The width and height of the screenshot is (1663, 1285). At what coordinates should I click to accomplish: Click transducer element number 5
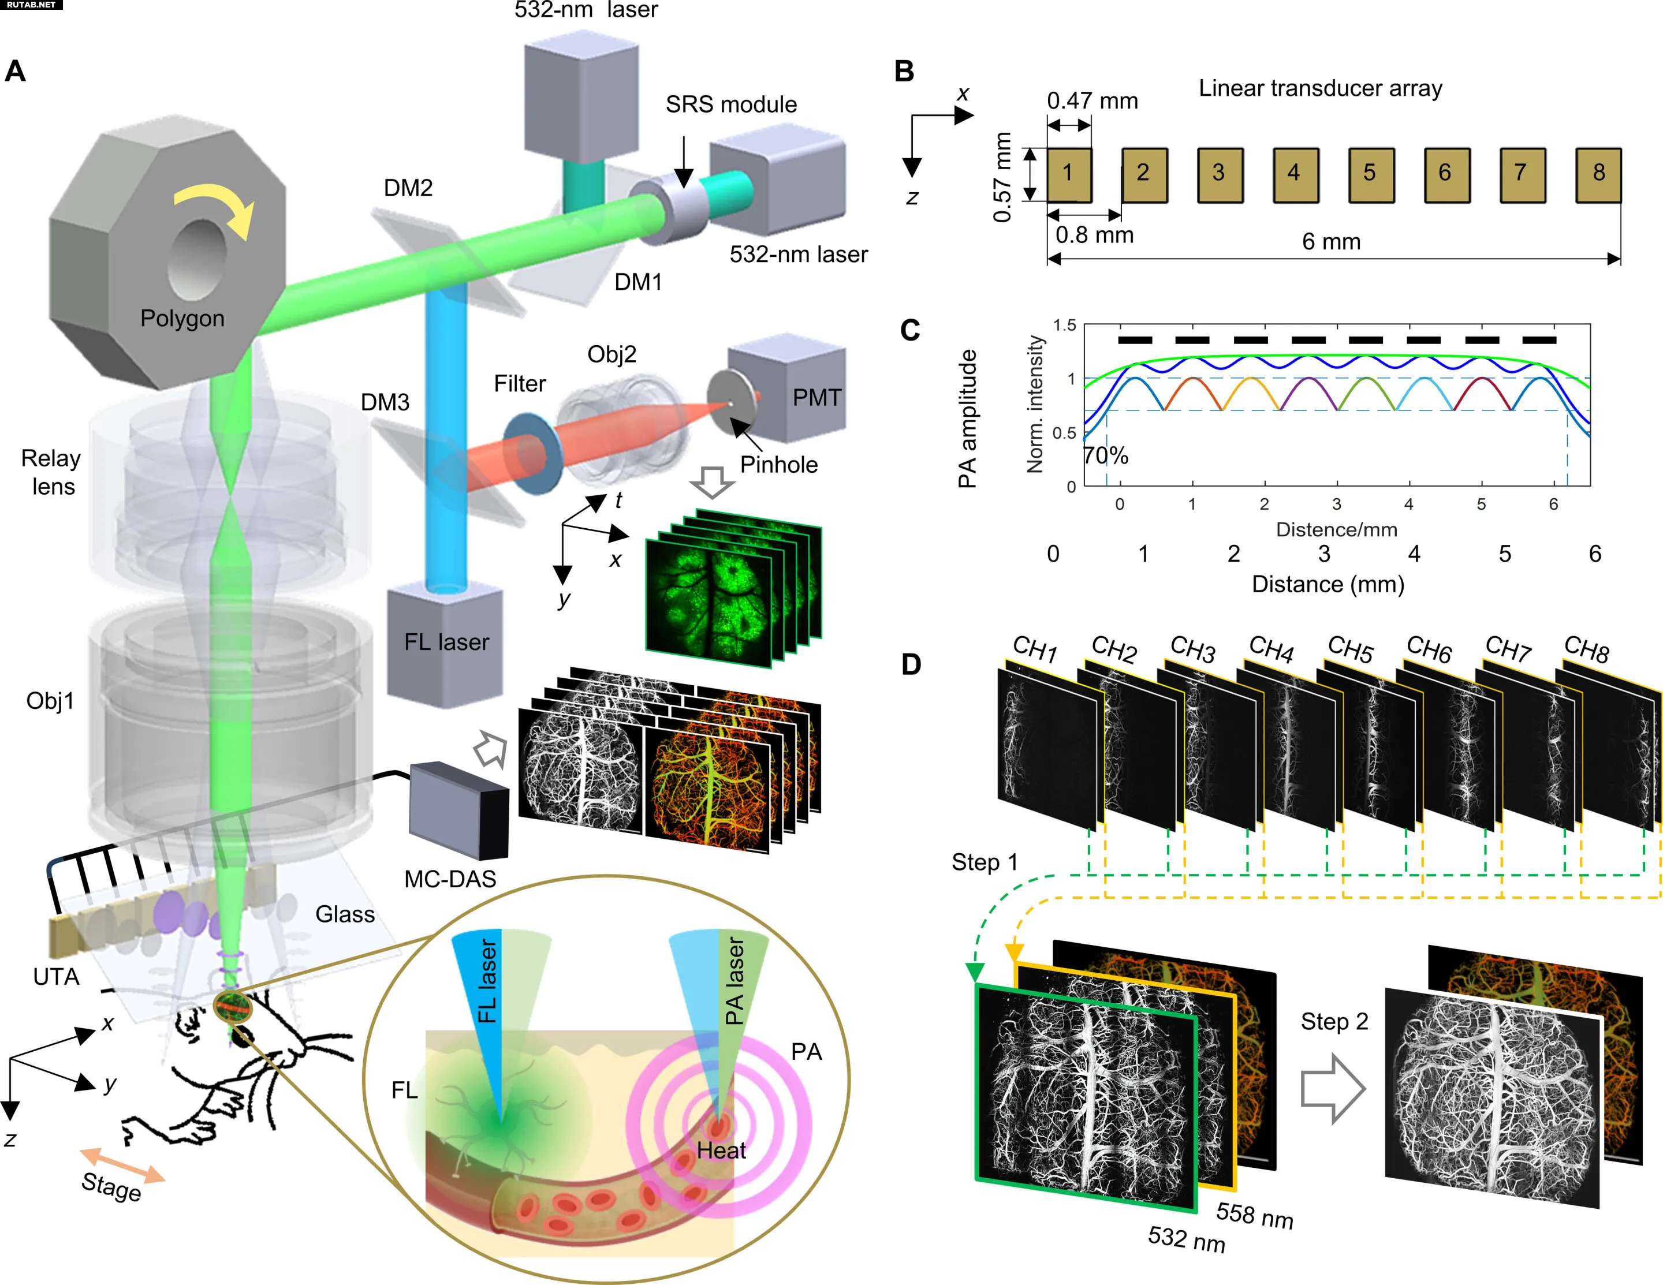point(1371,175)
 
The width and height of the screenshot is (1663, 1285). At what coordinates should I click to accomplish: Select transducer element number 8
point(1598,175)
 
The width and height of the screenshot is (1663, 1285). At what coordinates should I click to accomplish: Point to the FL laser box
point(445,643)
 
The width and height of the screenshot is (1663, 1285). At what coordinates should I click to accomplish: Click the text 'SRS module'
point(731,104)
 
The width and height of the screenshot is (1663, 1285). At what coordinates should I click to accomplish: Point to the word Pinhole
point(779,464)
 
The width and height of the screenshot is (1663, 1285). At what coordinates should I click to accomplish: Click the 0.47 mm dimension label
point(1092,100)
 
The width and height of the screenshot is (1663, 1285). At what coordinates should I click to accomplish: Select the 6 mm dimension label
point(1331,241)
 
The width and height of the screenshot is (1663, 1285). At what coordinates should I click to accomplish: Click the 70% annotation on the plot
point(1106,455)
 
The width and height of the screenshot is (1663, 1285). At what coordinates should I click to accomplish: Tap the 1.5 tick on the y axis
point(1065,326)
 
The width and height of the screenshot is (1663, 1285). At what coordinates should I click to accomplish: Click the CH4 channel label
point(1271,649)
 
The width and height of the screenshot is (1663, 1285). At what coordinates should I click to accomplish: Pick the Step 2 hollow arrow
point(1333,1089)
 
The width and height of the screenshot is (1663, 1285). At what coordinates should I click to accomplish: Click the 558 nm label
point(1255,1215)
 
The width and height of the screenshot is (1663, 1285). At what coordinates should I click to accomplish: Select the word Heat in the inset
point(721,1150)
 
